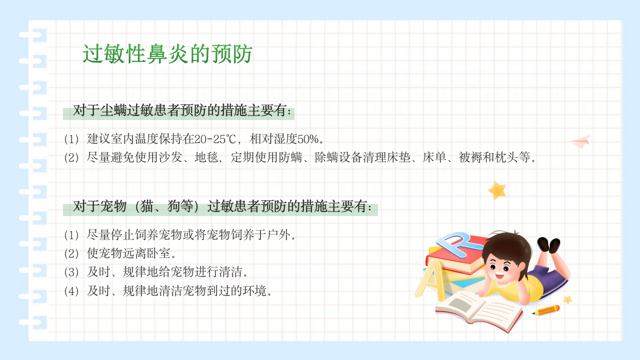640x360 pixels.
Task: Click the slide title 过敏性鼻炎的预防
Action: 167,54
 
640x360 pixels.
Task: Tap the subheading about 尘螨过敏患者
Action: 182,111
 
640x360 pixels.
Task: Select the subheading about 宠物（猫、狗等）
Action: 222,206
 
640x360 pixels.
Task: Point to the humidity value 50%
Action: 305,138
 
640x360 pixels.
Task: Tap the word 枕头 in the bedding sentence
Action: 507,158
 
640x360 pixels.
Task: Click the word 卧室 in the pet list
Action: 160,253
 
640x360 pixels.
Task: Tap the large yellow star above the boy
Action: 497,190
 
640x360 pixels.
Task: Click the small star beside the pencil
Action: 567,299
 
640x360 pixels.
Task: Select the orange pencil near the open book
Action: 546,310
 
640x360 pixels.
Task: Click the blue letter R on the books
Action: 457,243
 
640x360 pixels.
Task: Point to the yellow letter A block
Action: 429,283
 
